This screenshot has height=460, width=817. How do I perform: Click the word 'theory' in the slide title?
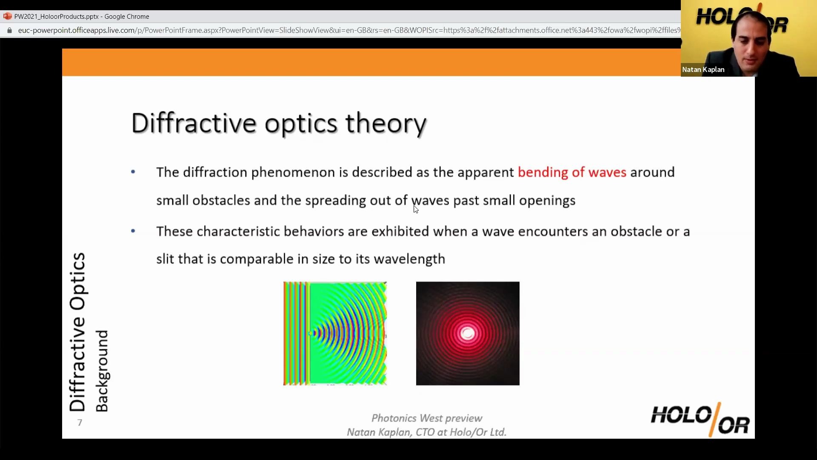pyautogui.click(x=386, y=124)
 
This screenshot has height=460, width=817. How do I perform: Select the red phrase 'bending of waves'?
pyautogui.click(x=572, y=172)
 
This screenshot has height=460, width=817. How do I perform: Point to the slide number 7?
pyautogui.click(x=80, y=423)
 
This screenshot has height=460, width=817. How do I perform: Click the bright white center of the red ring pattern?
pyautogui.click(x=468, y=333)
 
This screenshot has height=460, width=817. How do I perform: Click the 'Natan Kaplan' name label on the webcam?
pyautogui.click(x=703, y=69)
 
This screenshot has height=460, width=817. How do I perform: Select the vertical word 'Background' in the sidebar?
pyautogui.click(x=102, y=371)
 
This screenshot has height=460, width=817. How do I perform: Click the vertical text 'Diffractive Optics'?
pyautogui.click(x=78, y=332)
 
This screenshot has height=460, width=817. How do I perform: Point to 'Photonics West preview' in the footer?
pyautogui.click(x=427, y=418)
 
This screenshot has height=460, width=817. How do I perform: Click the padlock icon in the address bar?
pyautogui.click(x=10, y=30)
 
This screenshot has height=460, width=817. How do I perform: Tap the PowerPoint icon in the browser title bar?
pyautogui.click(x=7, y=16)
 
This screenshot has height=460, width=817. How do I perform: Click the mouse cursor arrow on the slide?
pyautogui.click(x=416, y=209)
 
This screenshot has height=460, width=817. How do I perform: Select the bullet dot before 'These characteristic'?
pyautogui.click(x=133, y=231)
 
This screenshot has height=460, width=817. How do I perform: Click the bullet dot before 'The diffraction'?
pyautogui.click(x=133, y=172)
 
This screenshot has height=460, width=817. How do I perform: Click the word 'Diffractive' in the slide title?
pyautogui.click(x=194, y=124)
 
